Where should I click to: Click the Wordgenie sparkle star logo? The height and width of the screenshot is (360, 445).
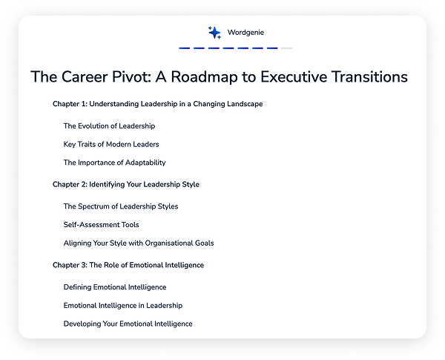pos(214,33)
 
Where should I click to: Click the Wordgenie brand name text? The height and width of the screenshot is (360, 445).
pos(245,33)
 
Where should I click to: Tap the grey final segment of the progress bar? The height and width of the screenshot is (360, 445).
pos(286,48)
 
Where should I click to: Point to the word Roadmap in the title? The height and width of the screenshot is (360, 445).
pos(205,77)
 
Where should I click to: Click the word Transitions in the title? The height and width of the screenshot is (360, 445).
pos(369,76)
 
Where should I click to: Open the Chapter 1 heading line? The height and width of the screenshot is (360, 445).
pos(157,104)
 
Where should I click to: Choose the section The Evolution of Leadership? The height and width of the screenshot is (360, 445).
pos(109,126)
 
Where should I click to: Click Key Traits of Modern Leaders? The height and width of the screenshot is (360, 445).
pos(111,144)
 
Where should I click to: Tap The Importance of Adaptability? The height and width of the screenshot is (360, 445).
pos(115,163)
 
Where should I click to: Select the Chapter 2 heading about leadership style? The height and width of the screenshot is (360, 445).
pos(126,184)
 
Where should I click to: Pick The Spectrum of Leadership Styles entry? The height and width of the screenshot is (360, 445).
pos(121,206)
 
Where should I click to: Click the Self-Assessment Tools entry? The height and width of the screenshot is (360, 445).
pos(102,225)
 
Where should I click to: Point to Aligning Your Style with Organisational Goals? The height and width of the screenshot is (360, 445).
pos(139,243)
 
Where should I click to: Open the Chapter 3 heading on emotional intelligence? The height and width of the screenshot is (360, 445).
pos(128,265)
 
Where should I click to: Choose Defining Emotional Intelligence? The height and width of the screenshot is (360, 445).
pos(115,287)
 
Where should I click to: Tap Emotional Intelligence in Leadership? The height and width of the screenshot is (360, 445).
pos(123,306)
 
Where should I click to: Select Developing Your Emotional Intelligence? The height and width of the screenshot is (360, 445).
pos(128,324)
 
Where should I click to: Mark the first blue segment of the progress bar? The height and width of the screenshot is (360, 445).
pos(185,48)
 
